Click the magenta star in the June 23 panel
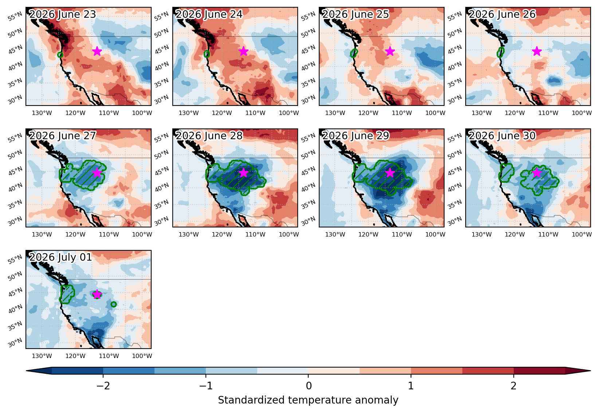[97, 51]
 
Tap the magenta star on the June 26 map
[537, 51]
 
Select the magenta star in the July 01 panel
[97, 294]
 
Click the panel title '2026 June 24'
[209, 14]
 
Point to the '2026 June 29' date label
[356, 136]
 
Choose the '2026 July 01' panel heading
[60, 257]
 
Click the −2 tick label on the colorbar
[103, 386]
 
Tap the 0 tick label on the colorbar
[309, 386]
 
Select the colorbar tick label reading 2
[513, 386]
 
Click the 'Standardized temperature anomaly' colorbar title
[308, 400]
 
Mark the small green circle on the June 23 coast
[60, 55]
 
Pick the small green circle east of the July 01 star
[114, 304]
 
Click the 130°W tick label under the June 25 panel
[335, 113]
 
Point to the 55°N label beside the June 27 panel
[15, 138]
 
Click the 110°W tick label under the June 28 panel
[255, 235]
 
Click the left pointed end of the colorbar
[27, 371]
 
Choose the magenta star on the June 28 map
[243, 172]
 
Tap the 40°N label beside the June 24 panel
[162, 66]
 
